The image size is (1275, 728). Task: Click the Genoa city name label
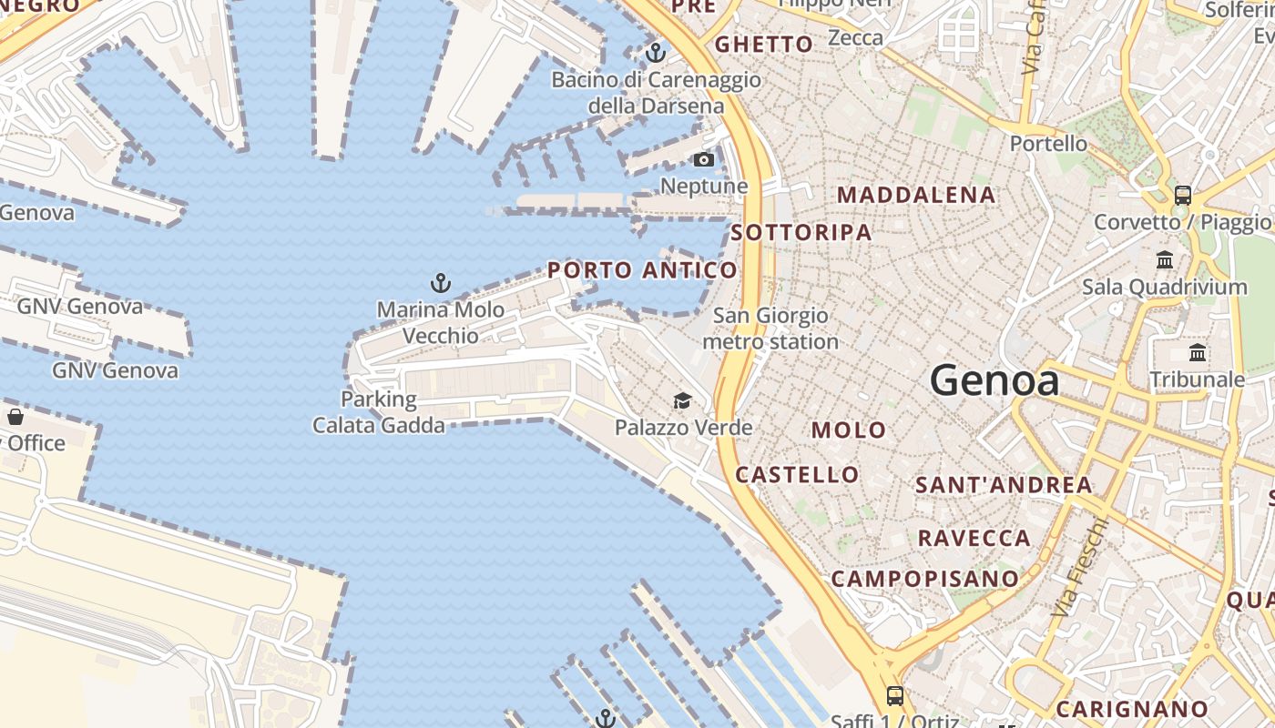994,379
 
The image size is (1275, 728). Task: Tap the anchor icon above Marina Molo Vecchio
441,283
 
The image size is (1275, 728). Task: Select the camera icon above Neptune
704,160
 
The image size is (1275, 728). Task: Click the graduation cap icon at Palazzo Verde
682,400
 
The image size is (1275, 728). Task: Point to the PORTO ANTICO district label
642,270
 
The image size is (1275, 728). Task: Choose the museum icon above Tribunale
1198,352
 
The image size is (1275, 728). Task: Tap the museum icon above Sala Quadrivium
1165,260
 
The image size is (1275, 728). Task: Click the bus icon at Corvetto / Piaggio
1183,195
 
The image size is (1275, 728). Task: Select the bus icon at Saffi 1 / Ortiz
895,696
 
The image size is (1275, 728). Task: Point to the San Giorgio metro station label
770,329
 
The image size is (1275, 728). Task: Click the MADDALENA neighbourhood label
916,195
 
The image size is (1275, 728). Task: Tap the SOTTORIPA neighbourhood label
801,232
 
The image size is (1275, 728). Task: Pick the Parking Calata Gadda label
379,412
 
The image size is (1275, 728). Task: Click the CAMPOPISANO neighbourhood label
925,579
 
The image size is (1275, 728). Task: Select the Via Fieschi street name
1078,568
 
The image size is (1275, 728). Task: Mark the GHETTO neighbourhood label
763,45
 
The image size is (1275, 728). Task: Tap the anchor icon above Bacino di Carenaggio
656,53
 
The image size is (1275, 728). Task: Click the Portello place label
1048,144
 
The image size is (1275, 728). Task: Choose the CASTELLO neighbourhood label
797,474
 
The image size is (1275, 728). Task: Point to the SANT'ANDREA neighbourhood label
1004,485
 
